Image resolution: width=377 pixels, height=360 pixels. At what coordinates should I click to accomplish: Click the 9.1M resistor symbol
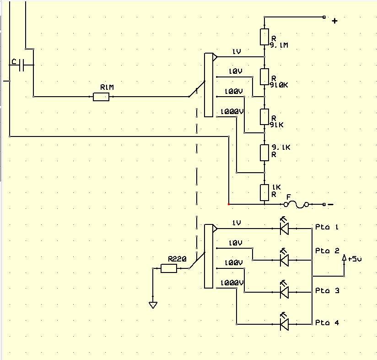264,37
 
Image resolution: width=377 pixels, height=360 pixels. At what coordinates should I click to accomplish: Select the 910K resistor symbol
264,77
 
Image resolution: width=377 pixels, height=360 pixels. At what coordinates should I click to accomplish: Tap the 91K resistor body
264,117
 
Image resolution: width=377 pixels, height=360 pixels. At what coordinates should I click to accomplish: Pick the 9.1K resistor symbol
264,153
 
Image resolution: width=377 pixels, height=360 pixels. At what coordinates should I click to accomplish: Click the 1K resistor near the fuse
264,192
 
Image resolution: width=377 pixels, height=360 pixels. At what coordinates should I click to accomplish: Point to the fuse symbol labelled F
296,205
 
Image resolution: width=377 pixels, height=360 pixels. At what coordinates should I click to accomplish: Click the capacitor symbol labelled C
22,65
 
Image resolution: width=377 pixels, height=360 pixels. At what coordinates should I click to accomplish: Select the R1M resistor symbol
101,97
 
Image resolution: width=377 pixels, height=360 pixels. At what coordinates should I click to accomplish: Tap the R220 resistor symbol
169,268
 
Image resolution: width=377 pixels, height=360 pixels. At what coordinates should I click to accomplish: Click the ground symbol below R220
153,305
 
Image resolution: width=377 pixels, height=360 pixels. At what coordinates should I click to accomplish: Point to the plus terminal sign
335,21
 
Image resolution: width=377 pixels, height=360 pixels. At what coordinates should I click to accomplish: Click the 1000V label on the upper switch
232,112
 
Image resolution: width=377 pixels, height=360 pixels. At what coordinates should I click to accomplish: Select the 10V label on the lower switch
236,243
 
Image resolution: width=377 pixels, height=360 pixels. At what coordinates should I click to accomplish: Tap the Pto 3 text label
327,291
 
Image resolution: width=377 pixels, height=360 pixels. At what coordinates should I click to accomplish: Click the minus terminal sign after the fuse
331,205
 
